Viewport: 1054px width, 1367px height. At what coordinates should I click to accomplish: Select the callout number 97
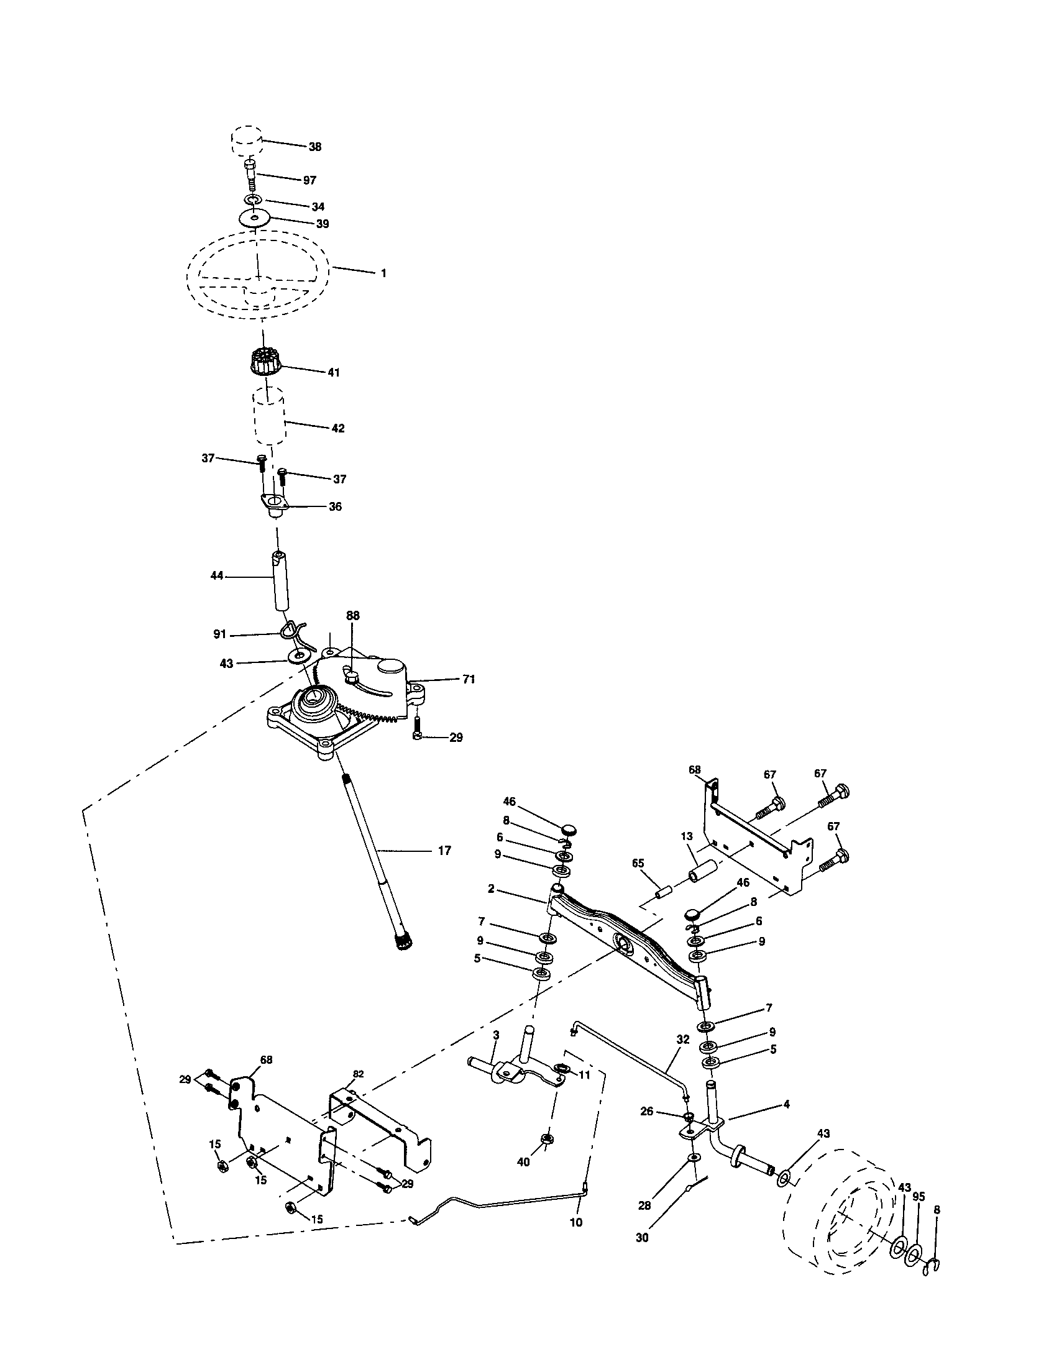coord(309,180)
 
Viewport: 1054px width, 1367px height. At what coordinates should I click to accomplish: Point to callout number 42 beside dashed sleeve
coord(337,429)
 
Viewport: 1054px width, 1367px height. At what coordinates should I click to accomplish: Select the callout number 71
coord(469,679)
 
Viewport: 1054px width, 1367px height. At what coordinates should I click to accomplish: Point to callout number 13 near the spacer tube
coord(687,836)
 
